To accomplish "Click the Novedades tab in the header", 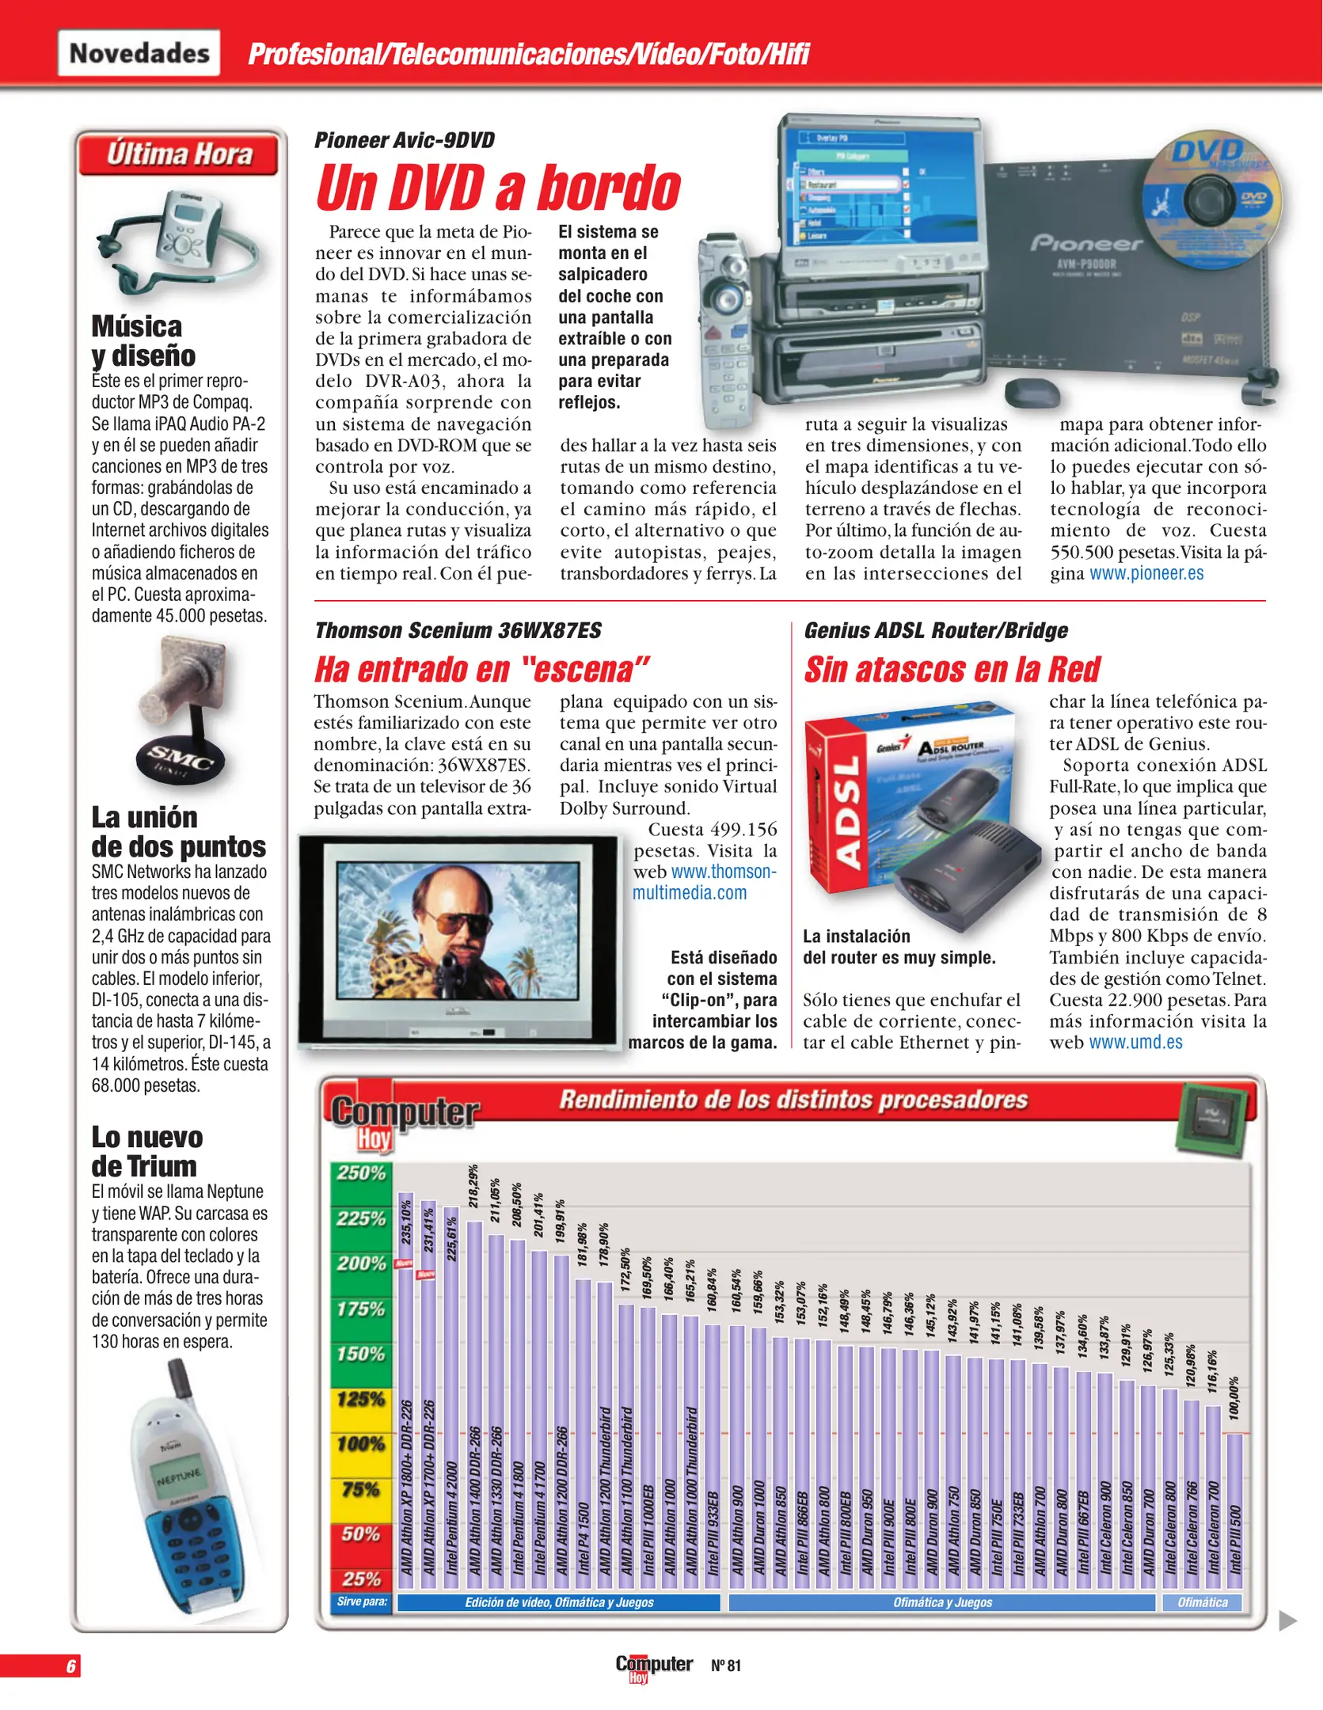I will pyautogui.click(x=139, y=53).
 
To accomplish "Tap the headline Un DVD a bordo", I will pyautogui.click(x=498, y=188).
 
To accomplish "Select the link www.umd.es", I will pyautogui.click(x=1135, y=1042).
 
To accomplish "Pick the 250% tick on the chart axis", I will pyautogui.click(x=361, y=1172).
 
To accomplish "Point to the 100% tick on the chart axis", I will pyautogui.click(x=361, y=1443).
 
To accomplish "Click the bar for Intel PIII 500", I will pyautogui.click(x=1234, y=1504).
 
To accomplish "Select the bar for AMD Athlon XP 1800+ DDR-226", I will pyautogui.click(x=405, y=1385).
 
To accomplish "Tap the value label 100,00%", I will pyautogui.click(x=1233, y=1398).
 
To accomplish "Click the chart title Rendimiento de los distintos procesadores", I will pyautogui.click(x=793, y=1100).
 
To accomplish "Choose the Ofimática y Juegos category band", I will pyautogui.click(x=941, y=1602).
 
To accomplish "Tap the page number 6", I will pyautogui.click(x=71, y=1666).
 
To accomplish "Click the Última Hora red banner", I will pyautogui.click(x=179, y=154).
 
